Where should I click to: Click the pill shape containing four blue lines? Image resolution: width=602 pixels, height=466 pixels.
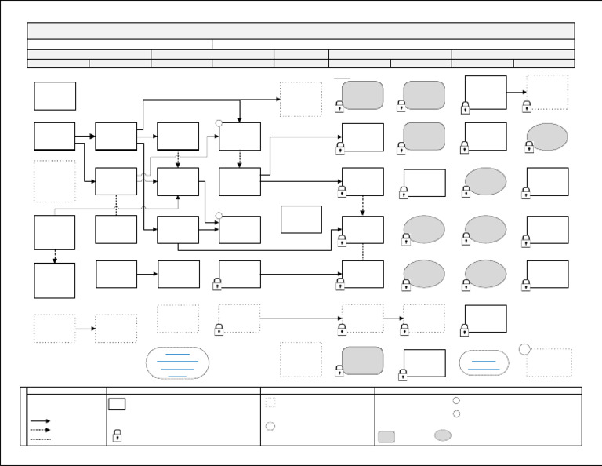(177, 363)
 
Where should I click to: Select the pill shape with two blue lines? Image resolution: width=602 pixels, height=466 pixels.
(484, 363)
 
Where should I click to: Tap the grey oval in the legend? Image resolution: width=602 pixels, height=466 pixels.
(443, 435)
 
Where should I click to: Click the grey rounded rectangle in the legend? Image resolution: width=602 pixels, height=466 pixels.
(386, 436)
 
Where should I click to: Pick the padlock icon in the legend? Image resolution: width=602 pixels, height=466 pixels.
(117, 435)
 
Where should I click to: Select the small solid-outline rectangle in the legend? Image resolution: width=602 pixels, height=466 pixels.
(117, 403)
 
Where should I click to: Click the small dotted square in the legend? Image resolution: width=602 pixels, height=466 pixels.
(270, 402)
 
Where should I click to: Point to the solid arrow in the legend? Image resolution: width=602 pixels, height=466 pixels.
(40, 421)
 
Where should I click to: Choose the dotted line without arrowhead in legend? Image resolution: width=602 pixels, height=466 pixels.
(40, 439)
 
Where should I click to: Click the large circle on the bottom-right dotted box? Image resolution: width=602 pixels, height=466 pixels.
(525, 349)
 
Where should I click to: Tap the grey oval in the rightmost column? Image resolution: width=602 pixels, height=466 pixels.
(547, 137)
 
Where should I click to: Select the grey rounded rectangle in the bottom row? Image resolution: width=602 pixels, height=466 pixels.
(362, 361)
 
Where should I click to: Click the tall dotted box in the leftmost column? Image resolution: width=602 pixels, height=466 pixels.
(55, 182)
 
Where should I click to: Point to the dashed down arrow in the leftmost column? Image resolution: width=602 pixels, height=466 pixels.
(55, 257)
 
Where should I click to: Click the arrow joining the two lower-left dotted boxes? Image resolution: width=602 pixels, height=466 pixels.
(85, 329)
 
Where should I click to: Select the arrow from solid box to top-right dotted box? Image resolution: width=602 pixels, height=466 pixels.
(516, 92)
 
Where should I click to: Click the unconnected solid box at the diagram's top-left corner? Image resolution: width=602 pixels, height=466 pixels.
(55, 96)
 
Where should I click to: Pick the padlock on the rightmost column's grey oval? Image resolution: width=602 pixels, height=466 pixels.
(530, 146)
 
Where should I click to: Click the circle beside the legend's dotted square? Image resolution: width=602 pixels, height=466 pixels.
(270, 427)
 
